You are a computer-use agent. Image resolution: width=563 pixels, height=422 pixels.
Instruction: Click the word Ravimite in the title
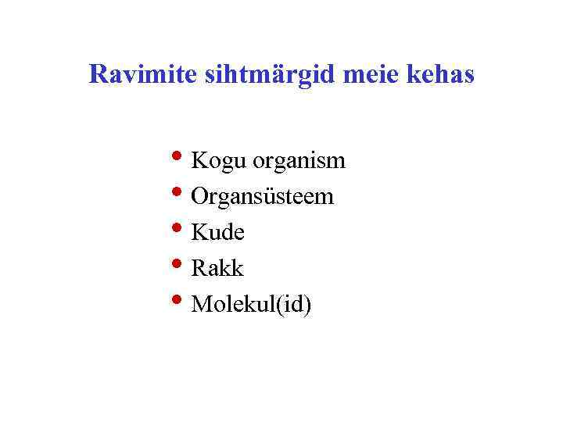(143, 74)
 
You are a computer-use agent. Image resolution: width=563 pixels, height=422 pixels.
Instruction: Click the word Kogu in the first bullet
(217, 162)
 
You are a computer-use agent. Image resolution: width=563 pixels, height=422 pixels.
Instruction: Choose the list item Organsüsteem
(262, 198)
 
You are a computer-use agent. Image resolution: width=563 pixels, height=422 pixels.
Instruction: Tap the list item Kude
(218, 233)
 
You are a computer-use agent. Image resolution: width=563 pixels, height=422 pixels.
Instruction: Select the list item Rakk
(217, 269)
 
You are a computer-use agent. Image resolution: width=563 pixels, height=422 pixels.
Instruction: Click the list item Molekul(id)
(251, 305)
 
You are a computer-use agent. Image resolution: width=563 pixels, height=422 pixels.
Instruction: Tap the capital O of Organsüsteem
(199, 197)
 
